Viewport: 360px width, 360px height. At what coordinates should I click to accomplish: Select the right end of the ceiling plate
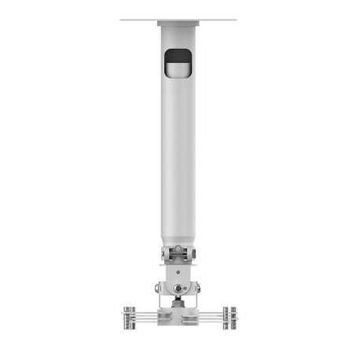(x=235, y=21)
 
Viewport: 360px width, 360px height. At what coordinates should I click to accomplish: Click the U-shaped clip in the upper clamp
(x=180, y=253)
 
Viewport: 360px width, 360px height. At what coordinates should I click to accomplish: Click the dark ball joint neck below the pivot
(x=180, y=302)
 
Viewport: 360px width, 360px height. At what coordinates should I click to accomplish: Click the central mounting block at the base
(x=180, y=316)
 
